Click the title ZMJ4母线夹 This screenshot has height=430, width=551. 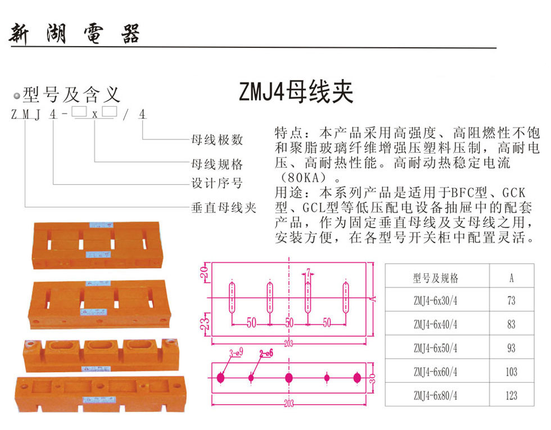click(x=296, y=92)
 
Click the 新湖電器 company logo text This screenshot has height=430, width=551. click(x=74, y=34)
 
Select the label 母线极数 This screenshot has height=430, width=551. click(x=217, y=139)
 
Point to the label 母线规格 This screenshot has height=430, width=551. click(x=217, y=164)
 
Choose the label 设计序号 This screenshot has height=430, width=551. click(x=217, y=183)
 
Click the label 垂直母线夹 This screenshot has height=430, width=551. click(x=224, y=207)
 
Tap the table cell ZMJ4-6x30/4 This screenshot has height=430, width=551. click(x=435, y=300)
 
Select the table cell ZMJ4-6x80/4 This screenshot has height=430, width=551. click(x=435, y=396)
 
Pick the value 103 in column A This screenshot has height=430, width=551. click(x=511, y=372)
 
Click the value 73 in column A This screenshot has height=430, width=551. click(x=511, y=300)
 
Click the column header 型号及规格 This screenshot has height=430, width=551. click(x=435, y=278)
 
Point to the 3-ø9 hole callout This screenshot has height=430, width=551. click(x=236, y=353)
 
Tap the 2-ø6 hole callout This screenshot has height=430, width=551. click(x=266, y=354)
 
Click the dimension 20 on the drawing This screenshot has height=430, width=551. click(x=205, y=272)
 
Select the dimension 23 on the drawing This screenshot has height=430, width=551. click(x=205, y=322)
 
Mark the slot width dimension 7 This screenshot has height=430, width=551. click(x=308, y=273)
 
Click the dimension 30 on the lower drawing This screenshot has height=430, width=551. click(x=372, y=378)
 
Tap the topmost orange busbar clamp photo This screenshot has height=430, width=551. click(x=97, y=245)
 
